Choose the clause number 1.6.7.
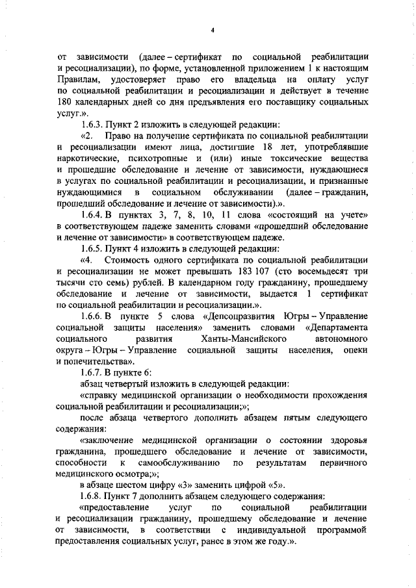pyautogui.click(x=95, y=372)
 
